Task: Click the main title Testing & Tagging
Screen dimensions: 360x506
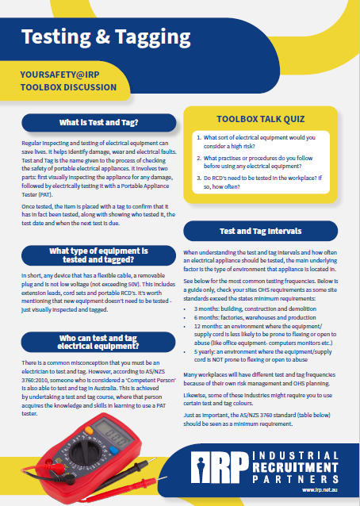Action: [x=105, y=36]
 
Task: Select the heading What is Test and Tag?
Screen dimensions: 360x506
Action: [x=99, y=123]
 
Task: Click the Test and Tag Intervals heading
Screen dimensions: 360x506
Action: [x=260, y=232]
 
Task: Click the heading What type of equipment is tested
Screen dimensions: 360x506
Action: [x=99, y=255]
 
